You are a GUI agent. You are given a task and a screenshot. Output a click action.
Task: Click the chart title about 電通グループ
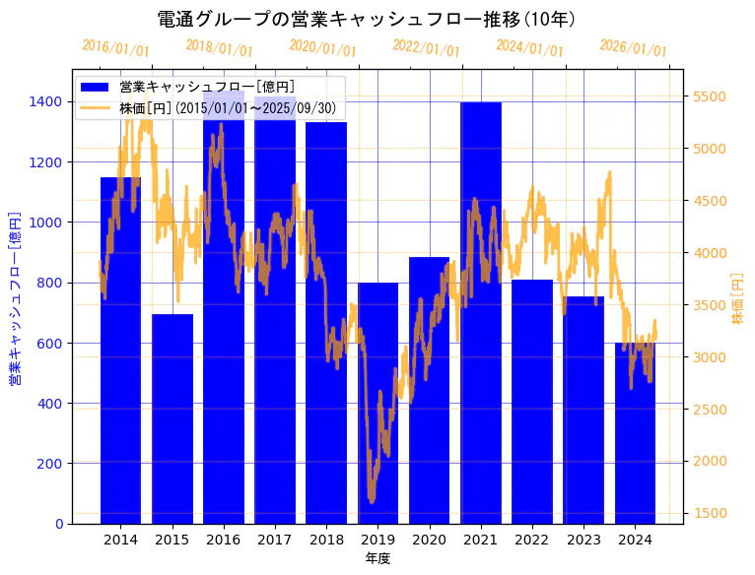[367, 19]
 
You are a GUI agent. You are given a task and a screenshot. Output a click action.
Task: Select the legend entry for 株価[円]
[228, 108]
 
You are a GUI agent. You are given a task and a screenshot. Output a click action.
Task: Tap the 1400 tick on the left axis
[46, 101]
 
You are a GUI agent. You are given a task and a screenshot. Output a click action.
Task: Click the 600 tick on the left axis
[50, 343]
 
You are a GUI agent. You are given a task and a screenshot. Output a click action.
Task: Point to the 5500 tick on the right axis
[710, 96]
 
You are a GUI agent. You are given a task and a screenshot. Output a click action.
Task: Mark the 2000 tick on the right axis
[710, 461]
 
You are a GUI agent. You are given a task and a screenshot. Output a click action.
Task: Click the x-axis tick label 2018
[326, 540]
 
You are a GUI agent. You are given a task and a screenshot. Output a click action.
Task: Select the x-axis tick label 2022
[532, 540]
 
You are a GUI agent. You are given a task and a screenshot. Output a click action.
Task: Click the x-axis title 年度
[377, 558]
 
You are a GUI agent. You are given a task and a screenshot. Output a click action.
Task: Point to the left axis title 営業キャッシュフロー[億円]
[15, 297]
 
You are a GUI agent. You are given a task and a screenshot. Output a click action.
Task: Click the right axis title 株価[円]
[738, 300]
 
